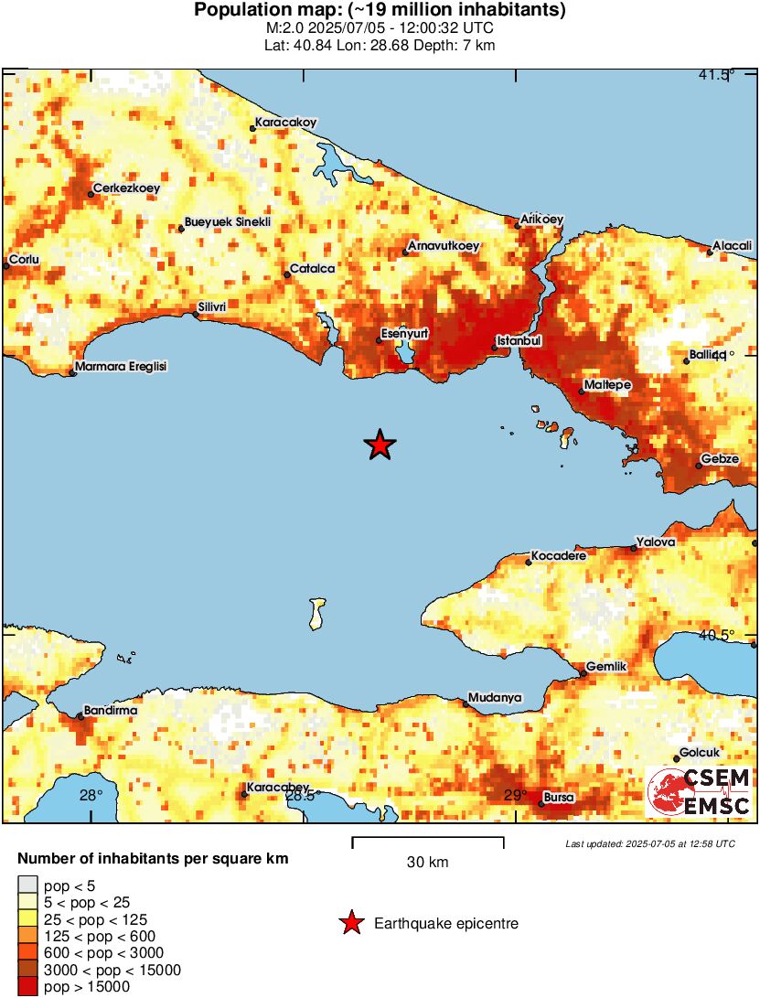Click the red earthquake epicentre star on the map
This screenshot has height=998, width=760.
tap(380, 445)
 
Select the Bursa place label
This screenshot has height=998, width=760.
tap(559, 798)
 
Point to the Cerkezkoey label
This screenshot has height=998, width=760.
tap(127, 188)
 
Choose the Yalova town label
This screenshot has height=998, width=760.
tap(657, 542)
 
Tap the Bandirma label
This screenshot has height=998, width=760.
tap(111, 710)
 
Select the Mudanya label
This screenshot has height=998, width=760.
tap(495, 698)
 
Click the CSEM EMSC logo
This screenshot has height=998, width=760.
tap(699, 792)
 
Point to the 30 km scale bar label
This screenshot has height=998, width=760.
tap(427, 862)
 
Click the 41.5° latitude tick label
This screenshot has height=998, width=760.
tap(716, 75)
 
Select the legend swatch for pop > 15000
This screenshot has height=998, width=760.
tap(28, 987)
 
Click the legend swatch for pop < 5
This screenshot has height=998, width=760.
tap(28, 885)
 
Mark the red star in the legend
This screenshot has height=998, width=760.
tap(350, 924)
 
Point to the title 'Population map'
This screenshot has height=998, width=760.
tap(380, 11)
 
